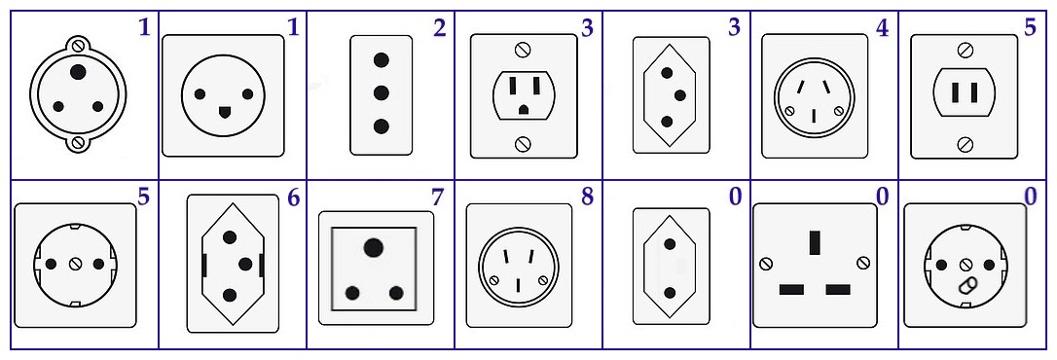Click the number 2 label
click(440, 27)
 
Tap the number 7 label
click(437, 198)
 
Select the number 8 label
click(587, 198)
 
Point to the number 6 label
click(293, 198)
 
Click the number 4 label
click(883, 27)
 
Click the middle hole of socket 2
click(382, 92)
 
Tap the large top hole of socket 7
click(373, 247)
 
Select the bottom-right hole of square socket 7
click(396, 293)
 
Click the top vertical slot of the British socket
click(815, 242)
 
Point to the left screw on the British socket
click(765, 263)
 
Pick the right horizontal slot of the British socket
click(837, 290)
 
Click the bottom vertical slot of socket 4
click(814, 116)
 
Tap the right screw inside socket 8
click(542, 280)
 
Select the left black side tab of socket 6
click(204, 265)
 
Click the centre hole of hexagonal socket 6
click(245, 264)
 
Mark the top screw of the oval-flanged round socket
click(78, 46)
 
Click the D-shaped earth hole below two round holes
click(222, 110)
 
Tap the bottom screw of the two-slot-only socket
click(965, 143)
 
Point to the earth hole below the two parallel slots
click(523, 109)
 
